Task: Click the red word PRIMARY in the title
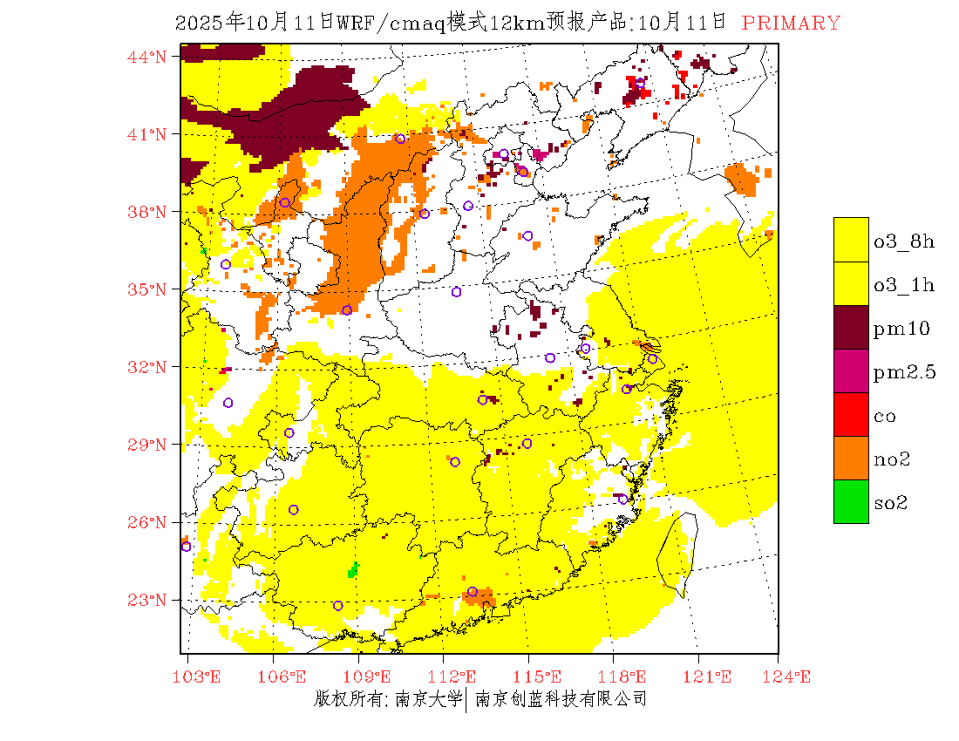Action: point(791,24)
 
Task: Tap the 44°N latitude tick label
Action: point(148,57)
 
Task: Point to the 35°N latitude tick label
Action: point(148,289)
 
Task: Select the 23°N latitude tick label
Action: point(148,600)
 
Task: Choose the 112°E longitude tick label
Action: point(459,676)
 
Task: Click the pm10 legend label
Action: point(902,329)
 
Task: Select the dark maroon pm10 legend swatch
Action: point(851,327)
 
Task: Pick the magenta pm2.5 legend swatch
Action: point(851,370)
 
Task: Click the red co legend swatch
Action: point(851,414)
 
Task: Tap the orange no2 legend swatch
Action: point(851,458)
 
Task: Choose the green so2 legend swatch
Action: point(851,501)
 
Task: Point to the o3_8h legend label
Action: point(904,241)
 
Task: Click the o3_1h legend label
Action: point(904,285)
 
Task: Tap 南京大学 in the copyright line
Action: point(427,699)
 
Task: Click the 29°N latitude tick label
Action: point(148,445)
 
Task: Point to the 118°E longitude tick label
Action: point(629,676)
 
